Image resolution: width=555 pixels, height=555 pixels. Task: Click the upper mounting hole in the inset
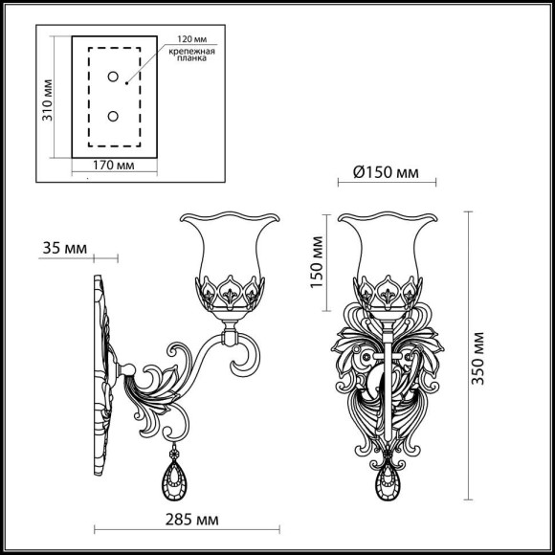pyautogui.click(x=113, y=77)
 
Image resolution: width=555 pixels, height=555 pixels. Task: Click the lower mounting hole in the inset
pyautogui.click(x=113, y=116)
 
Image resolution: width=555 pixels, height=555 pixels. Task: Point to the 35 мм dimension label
pyautogui.click(x=64, y=250)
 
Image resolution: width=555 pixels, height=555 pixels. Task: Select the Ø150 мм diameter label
pyautogui.click(x=386, y=173)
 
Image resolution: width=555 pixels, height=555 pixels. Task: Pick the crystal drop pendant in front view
pyautogui.click(x=388, y=477)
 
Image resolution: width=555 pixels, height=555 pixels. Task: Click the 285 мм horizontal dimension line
pyautogui.click(x=187, y=527)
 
